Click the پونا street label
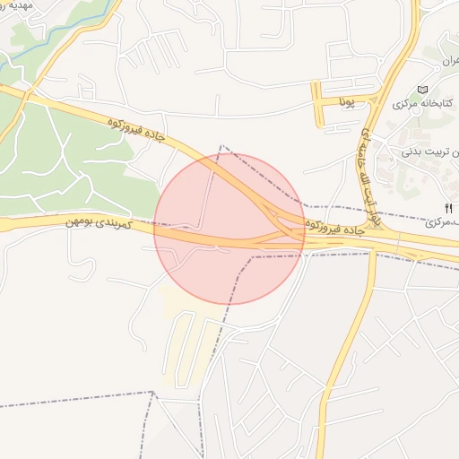[x=348, y=101]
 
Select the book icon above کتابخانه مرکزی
[x=423, y=90]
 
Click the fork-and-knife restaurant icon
[x=448, y=208]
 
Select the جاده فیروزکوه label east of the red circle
[x=339, y=226]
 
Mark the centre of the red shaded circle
[x=229, y=229]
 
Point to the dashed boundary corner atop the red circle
[x=221, y=145]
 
